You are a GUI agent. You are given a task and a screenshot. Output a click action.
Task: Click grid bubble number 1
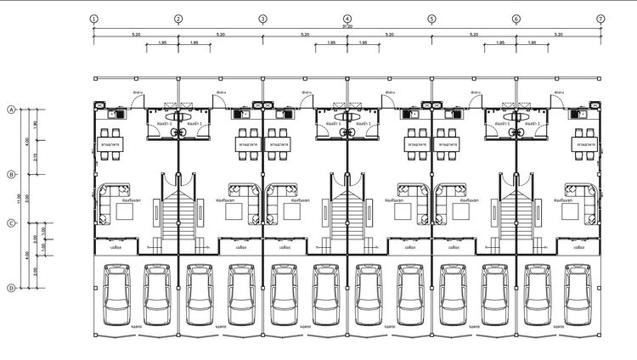tap(93, 18)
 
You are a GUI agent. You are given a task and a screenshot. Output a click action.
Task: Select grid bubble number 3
tap(262, 18)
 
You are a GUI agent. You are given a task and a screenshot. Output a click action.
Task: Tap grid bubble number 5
tap(431, 18)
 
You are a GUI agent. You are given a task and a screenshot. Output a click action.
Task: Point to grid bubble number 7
tap(600, 18)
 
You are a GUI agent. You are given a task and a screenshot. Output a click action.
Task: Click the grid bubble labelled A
tap(11, 110)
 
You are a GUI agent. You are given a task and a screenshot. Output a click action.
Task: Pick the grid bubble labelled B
tap(11, 174)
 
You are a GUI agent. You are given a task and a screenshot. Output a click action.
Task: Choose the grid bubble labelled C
tap(11, 223)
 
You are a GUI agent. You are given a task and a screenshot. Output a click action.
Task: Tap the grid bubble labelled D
tap(11, 288)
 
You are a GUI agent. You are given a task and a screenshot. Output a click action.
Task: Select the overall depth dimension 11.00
tap(20, 198)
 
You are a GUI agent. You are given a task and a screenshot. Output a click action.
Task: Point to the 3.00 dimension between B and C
tap(27, 199)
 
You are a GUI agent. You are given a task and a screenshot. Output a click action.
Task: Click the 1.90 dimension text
tap(35, 125)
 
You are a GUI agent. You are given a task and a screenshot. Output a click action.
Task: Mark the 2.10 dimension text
tap(35, 157)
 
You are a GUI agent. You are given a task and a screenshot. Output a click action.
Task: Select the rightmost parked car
tap(578, 294)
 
